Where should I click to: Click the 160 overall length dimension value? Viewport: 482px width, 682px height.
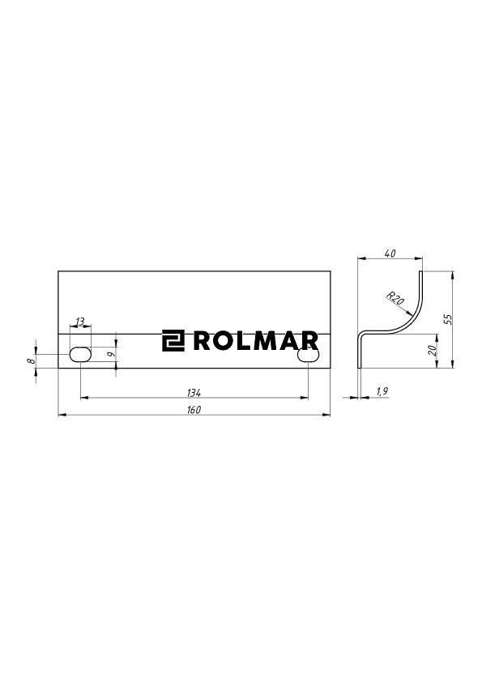click(x=194, y=410)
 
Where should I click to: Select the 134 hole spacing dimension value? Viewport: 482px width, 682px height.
click(x=194, y=392)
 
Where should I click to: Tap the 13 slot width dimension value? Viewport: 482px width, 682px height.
click(x=79, y=322)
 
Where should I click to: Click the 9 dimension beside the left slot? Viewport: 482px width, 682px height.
click(x=112, y=355)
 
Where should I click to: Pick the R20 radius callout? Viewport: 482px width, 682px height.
click(x=395, y=297)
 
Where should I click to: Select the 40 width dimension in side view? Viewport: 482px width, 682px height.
click(x=390, y=254)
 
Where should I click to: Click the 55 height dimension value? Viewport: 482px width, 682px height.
click(x=447, y=318)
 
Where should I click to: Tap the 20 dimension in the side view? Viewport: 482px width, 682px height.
click(x=433, y=350)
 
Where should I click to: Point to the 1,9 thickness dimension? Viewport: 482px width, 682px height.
click(x=383, y=392)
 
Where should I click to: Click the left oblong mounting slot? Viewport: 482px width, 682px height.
click(x=80, y=355)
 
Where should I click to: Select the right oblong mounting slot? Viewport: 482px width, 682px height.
click(x=308, y=355)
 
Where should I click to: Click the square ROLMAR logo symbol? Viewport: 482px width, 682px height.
click(x=173, y=341)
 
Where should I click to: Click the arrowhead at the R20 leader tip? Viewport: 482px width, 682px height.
click(x=412, y=313)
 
